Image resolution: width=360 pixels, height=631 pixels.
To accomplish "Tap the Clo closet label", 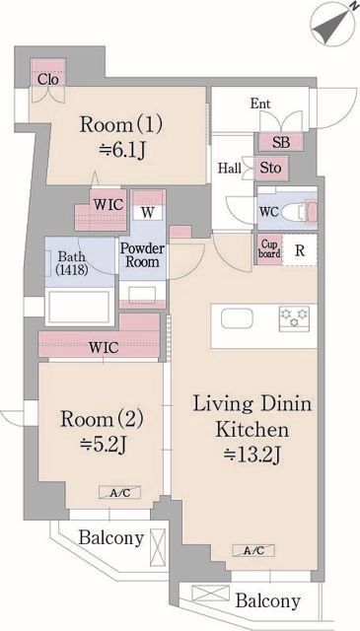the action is (x=48, y=79).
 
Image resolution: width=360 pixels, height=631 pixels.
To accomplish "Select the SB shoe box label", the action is (x=281, y=142).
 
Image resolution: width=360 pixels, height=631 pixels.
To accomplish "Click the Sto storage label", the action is (x=270, y=168).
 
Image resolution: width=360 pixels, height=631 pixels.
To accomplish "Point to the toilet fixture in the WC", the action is (x=299, y=211).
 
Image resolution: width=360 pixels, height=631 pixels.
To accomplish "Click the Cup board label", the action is (x=269, y=248).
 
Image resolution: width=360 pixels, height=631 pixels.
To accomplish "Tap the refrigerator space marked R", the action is (x=300, y=249).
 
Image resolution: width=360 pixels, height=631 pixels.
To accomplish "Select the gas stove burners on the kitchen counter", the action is (x=294, y=318).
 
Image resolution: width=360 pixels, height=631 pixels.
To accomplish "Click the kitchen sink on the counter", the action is (x=237, y=318).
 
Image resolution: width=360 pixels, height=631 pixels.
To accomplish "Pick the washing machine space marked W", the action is (x=148, y=213).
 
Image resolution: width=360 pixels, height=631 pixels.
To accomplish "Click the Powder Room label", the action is (x=143, y=255).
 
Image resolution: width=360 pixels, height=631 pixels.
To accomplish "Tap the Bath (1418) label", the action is (x=72, y=263).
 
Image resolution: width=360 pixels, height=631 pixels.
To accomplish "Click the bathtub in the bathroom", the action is (x=79, y=307).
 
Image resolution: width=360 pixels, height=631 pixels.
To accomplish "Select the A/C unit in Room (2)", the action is (x=120, y=492).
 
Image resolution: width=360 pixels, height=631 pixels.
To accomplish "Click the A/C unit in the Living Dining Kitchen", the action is (x=253, y=550).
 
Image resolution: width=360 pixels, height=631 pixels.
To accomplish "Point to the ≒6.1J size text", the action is (x=121, y=152).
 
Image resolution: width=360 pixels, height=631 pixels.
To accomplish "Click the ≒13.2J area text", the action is (x=252, y=456).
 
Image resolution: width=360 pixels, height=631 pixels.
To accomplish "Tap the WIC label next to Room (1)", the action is (x=108, y=204).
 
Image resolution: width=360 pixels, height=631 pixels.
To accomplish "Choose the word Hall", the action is (x=230, y=168).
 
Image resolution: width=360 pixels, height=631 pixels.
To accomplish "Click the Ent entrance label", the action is (x=260, y=104).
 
